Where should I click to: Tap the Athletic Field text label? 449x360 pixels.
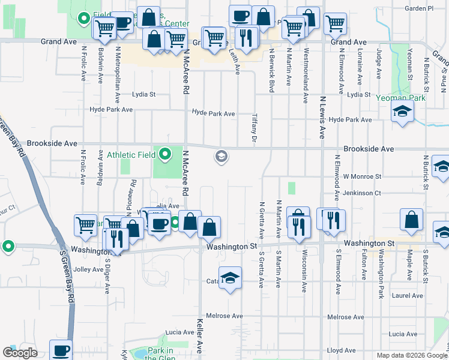[130, 155]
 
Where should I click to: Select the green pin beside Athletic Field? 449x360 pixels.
[164, 155]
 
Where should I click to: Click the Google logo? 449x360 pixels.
[19, 353]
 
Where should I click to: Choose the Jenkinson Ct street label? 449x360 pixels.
[362, 193]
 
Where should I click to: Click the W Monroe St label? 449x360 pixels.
[362, 177]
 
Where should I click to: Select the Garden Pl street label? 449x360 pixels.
[418, 8]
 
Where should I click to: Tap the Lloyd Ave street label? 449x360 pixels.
[342, 350]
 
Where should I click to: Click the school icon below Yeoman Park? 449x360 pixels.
[402, 112]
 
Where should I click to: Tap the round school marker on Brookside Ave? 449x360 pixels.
[221, 157]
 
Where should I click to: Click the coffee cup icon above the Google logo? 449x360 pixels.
[61, 350]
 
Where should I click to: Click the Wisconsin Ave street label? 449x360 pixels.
[304, 271]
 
